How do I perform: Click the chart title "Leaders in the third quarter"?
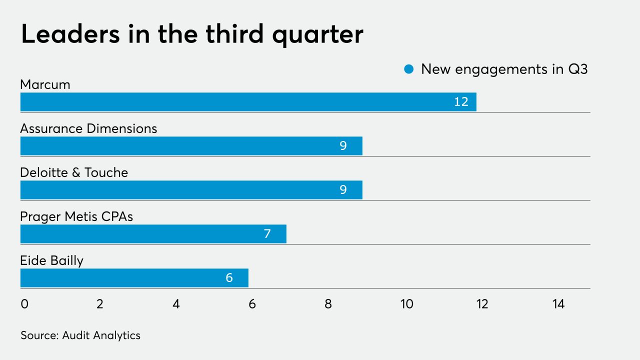coord(192,35)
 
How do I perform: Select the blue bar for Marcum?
coord(248,102)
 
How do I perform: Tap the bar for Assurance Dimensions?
coord(191,146)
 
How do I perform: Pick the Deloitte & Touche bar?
coord(191,190)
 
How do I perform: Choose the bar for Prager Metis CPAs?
coord(153,234)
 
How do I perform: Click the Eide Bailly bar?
coord(134,278)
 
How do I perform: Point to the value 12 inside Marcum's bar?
coord(461,102)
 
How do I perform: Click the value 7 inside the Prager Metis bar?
coord(267,234)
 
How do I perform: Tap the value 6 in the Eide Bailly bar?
coord(229,278)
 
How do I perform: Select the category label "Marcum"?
coord(45,85)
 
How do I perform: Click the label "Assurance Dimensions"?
coord(88,129)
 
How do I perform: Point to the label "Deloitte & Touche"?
coord(74,173)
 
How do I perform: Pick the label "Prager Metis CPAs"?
coord(76,217)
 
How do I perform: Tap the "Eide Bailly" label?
coord(51,261)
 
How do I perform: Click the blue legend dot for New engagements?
coord(409,69)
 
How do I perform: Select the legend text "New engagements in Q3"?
coord(504,69)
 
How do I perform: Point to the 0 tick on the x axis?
coord(24,304)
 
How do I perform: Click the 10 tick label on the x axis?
coord(406,304)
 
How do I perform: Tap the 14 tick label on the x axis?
coord(558,304)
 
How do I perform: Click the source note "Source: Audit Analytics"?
coord(80,335)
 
